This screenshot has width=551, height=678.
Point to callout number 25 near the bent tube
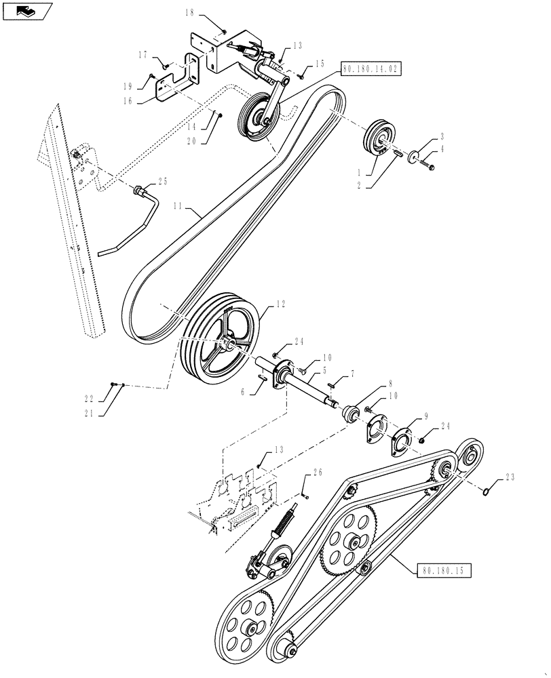click(x=162, y=181)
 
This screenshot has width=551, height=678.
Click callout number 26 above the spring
click(x=317, y=473)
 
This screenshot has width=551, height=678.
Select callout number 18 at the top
click(x=189, y=12)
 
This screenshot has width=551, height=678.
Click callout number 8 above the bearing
click(x=389, y=382)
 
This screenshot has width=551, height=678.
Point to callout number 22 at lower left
click(x=106, y=399)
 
